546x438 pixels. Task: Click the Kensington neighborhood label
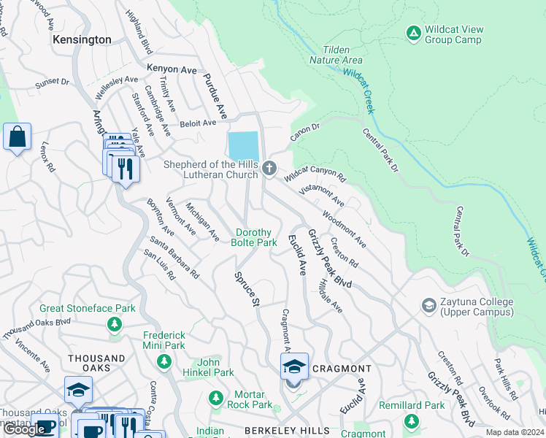click(82, 39)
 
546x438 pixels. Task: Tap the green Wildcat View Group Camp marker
click(413, 33)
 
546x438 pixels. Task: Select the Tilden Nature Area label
click(336, 54)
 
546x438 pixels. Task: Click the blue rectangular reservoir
click(243, 145)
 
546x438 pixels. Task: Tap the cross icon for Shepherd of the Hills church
click(269, 169)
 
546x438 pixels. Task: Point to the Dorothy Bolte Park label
click(255, 237)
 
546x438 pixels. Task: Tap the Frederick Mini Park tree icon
click(164, 361)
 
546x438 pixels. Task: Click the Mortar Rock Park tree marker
click(215, 398)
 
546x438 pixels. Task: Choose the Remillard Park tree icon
click(412, 421)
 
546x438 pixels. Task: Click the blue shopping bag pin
click(17, 137)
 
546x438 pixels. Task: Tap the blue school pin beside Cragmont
click(294, 366)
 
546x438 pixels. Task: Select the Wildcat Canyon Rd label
click(315, 174)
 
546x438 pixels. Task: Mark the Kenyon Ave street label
click(172, 69)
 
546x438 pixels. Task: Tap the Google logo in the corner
click(25, 429)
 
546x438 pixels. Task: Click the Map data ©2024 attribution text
click(514, 432)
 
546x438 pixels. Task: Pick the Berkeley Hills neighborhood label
click(286, 431)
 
